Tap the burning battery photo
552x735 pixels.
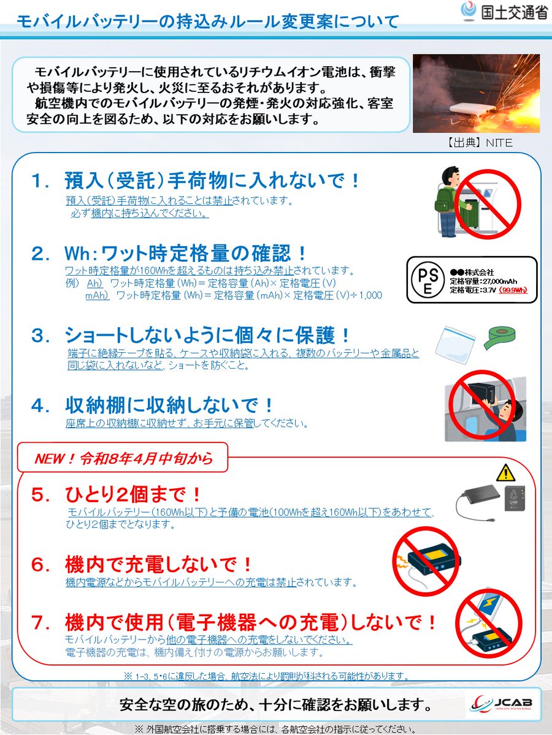(476, 93)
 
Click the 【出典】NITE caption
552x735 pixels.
(476, 143)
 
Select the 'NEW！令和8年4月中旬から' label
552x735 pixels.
(123, 458)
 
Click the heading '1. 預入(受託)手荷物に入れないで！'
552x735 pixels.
(196, 181)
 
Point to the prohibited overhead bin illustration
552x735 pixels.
(485, 404)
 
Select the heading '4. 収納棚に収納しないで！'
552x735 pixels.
(153, 405)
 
